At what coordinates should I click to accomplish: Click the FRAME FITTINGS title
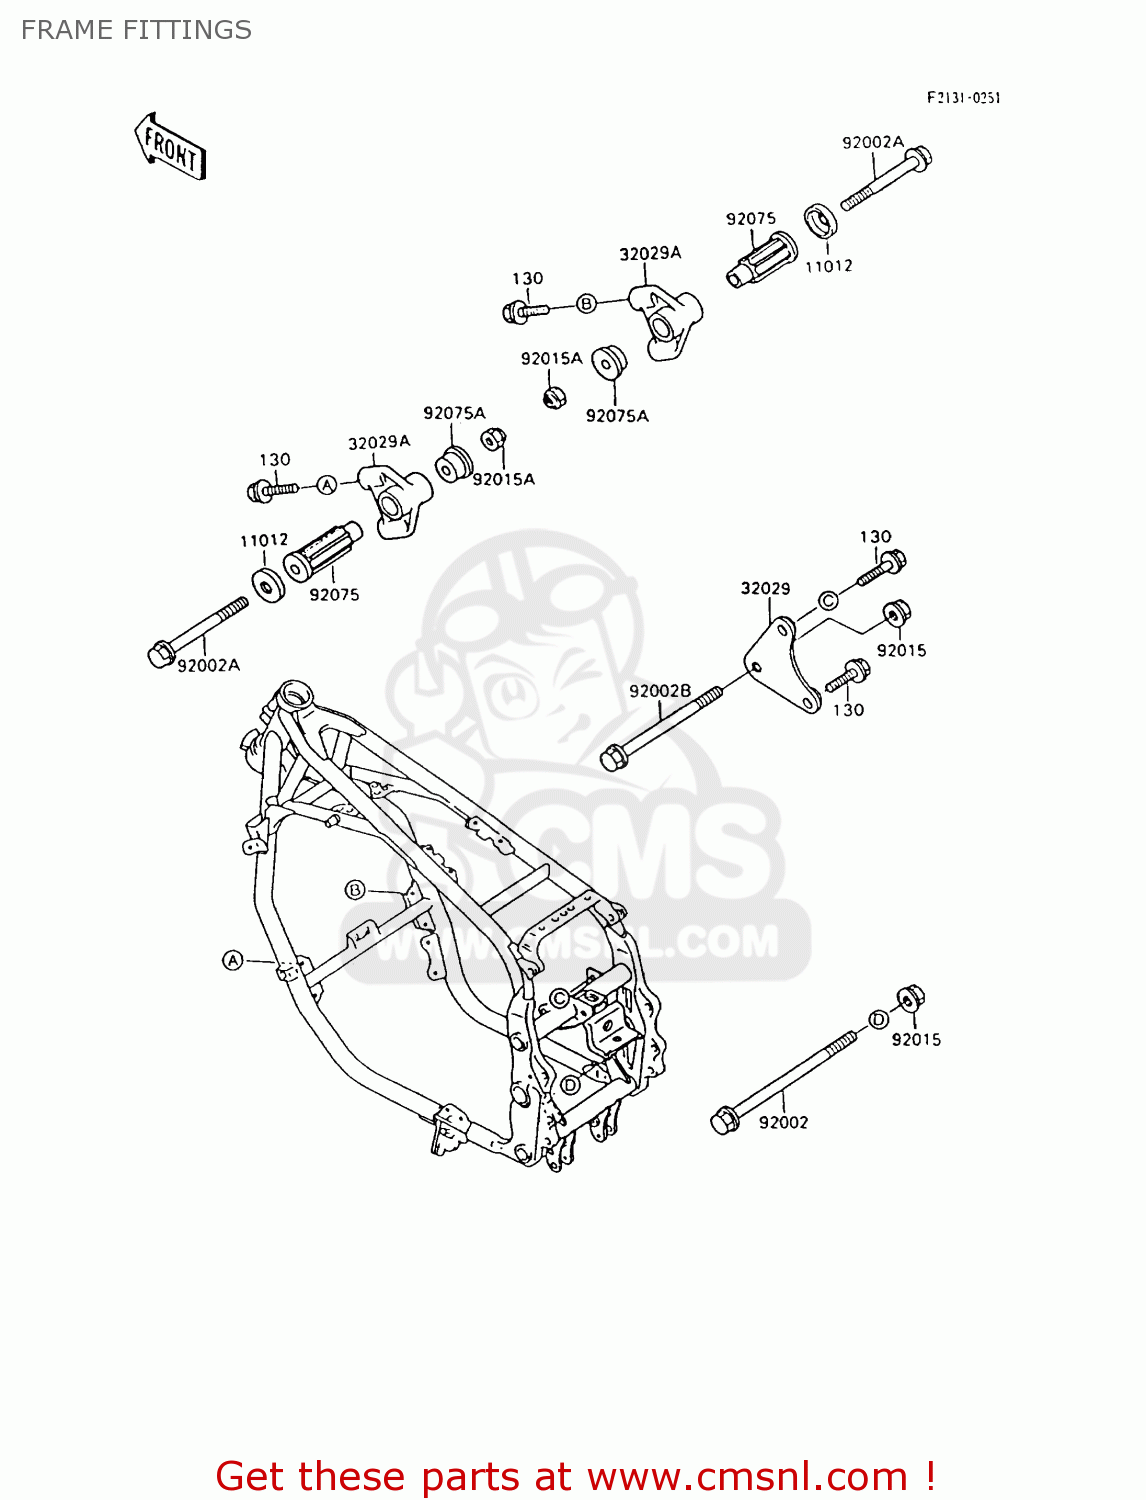[x=136, y=30]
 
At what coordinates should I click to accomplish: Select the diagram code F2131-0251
[x=962, y=97]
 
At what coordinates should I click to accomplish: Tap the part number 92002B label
[x=660, y=691]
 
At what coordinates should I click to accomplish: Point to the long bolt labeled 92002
[x=784, y=1080]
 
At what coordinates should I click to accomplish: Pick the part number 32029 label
[x=765, y=588]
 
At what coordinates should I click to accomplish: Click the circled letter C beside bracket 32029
[x=828, y=600]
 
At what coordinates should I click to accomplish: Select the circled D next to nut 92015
[x=878, y=1019]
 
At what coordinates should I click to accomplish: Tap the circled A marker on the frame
[x=232, y=960]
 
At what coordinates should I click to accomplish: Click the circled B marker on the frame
[x=355, y=889]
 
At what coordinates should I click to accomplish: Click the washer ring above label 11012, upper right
[x=821, y=222]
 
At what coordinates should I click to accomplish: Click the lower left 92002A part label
[x=208, y=665]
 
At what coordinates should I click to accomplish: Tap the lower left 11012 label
[x=264, y=540]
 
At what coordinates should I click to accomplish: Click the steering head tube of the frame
[x=295, y=694]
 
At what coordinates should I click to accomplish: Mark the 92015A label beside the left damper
[x=503, y=479]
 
